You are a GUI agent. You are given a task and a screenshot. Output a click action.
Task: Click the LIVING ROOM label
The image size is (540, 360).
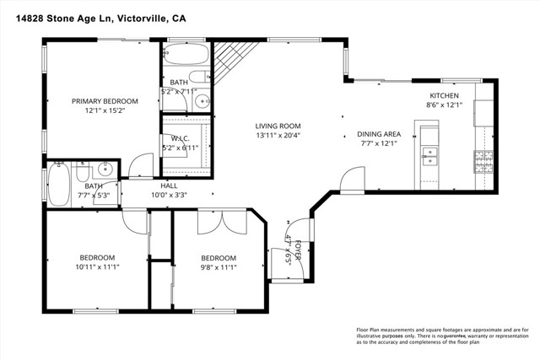click(278, 126)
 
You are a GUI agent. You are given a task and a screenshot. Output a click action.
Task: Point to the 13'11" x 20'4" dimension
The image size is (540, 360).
click(278, 135)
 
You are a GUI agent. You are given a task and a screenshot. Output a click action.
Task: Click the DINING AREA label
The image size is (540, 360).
click(379, 133)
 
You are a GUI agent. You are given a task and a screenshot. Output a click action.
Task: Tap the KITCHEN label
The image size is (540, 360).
click(444, 96)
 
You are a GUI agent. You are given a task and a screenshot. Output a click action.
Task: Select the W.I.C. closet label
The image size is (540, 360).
click(179, 138)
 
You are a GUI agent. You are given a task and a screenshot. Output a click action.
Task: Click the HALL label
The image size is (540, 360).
click(169, 185)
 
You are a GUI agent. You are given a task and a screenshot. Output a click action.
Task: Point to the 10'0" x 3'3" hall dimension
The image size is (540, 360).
click(169, 195)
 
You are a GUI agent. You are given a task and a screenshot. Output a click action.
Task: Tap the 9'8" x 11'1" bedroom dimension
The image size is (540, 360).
click(218, 267)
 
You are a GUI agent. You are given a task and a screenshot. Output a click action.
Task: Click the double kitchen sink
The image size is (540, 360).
click(429, 156)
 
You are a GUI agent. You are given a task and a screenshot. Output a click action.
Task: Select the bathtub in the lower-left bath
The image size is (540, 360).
click(58, 185)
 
